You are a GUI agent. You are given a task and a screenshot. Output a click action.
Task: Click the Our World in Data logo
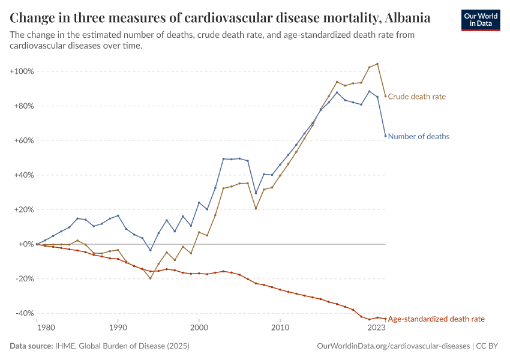coord(481,20)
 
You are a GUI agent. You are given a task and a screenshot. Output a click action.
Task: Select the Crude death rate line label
coord(417,97)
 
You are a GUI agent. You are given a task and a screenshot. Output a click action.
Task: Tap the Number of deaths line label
coord(419,137)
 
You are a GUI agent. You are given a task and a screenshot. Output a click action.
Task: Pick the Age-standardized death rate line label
coord(436,319)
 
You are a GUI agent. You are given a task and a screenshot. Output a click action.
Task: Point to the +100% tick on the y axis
coord(22,71)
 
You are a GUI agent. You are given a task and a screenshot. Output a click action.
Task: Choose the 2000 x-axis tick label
coord(199,328)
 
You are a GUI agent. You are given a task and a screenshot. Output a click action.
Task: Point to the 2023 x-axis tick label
coord(376,328)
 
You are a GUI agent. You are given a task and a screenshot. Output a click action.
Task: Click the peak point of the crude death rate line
coord(377,64)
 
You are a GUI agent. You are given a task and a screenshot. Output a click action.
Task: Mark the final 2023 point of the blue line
coord(385,136)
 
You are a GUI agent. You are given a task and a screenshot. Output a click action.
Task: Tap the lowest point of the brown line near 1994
coord(151,278)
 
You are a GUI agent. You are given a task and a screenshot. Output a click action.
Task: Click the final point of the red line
coord(385,319)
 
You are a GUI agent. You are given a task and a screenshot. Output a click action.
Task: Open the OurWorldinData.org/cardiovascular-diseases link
coord(392,346)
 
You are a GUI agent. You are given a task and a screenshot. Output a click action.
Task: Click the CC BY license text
coord(488,346)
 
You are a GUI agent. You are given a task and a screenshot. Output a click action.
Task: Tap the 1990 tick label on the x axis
coord(118,328)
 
